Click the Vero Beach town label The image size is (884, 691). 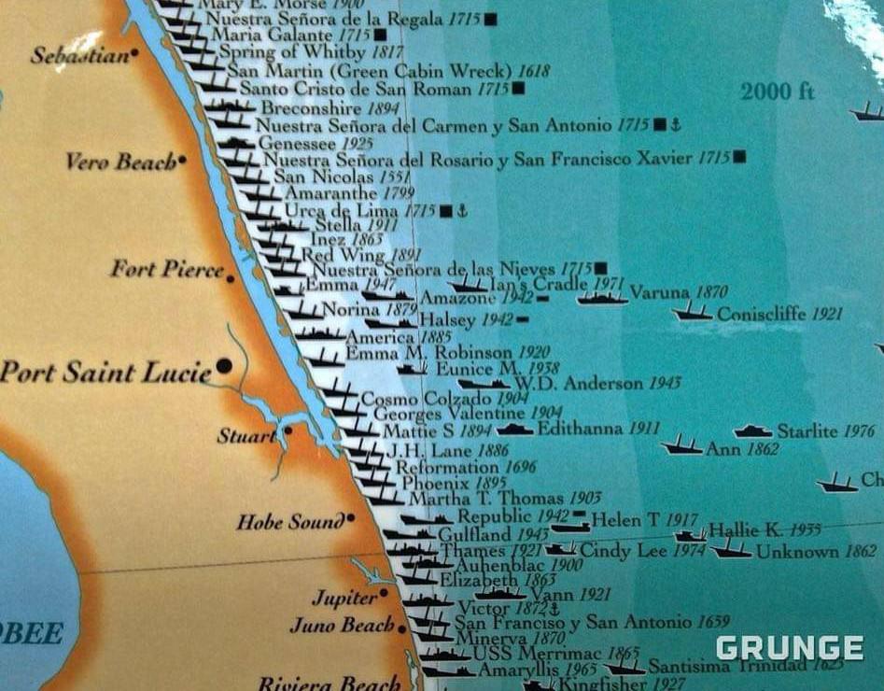(119, 162)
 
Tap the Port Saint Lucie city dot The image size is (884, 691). (224, 366)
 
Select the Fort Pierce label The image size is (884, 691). (167, 270)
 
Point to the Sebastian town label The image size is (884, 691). (79, 56)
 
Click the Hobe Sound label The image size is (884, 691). (289, 522)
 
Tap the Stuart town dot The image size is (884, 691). (288, 430)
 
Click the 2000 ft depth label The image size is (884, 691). (778, 92)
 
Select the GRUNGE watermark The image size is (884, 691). (789, 648)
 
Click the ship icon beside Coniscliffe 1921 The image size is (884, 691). (692, 312)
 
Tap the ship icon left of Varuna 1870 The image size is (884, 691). (601, 298)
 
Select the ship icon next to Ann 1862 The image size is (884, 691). (681, 446)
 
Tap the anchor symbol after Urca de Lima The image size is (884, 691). (462, 211)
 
